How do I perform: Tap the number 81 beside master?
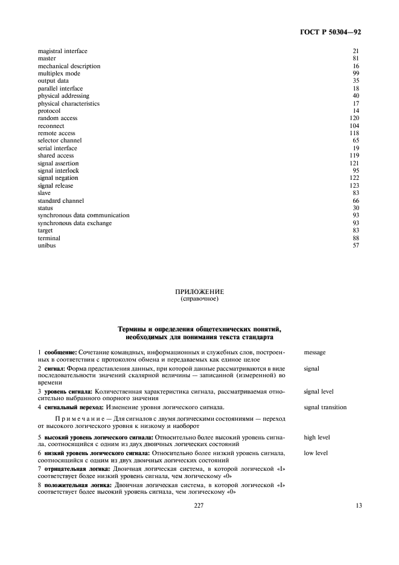[356, 59]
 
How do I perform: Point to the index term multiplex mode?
[59, 74]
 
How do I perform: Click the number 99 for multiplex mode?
[356, 74]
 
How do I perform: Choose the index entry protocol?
[49, 111]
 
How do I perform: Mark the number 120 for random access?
[354, 118]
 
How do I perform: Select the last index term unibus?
[46, 245]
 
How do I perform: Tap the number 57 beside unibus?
[356, 245]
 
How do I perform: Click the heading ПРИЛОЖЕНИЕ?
[199, 292]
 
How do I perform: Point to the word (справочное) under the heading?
[199, 299]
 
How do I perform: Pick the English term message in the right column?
[316, 352]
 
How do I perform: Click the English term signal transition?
[325, 407]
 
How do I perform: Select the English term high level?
[316, 437]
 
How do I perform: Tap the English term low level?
[316, 452]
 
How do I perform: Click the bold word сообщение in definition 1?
[60, 352]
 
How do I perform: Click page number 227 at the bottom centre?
[199, 506]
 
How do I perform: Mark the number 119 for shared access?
[354, 156]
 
